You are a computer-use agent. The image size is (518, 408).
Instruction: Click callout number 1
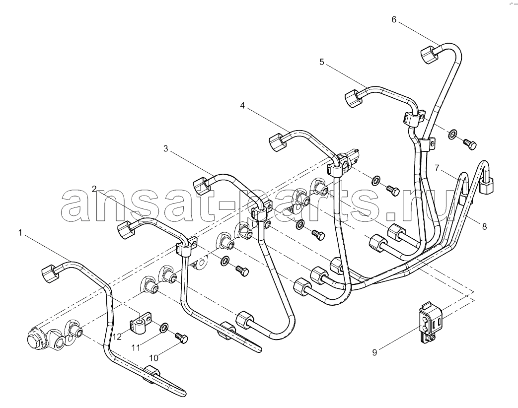point(20,233)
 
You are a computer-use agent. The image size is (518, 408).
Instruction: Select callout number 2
point(94,189)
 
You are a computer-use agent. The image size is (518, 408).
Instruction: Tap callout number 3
point(165,149)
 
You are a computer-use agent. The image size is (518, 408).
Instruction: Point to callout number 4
point(242,106)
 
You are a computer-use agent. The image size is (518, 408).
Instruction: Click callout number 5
point(322,62)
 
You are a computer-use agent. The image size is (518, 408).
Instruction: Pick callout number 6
point(394,20)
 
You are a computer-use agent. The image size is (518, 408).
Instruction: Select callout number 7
point(437,168)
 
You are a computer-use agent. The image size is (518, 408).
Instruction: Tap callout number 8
point(484,227)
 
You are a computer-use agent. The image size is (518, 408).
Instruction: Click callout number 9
point(374,353)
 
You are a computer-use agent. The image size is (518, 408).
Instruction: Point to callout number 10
point(153,358)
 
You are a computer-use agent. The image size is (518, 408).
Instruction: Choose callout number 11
point(136,347)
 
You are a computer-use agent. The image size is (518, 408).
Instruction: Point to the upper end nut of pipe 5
point(354,98)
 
